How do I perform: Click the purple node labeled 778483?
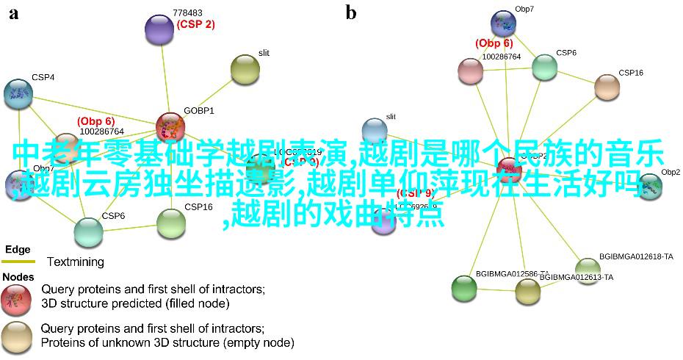pos(159,29)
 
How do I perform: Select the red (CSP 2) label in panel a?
pos(195,24)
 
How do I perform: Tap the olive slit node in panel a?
pos(245,69)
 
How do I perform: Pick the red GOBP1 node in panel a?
pos(170,127)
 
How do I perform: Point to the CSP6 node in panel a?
pos(88,231)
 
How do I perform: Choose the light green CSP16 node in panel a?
pos(171,223)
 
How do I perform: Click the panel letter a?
pos(14,12)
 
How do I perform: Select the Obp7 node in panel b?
pos(504,23)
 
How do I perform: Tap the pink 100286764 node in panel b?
pos(470,71)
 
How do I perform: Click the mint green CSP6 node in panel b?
pos(544,67)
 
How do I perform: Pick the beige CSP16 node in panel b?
pos(607,87)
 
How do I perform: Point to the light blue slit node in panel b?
pos(375,130)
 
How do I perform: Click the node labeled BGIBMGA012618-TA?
pos(588,268)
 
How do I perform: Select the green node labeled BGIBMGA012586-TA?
pos(463,287)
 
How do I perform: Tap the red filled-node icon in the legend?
pos(16,295)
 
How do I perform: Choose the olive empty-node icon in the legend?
pos(16,335)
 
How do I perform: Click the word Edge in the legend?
pos(18,249)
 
